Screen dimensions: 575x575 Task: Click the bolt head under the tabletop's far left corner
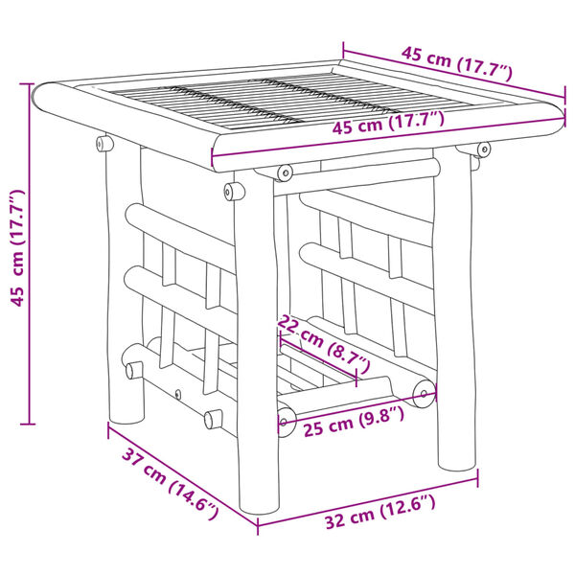pyautogui.click(x=102, y=143)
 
